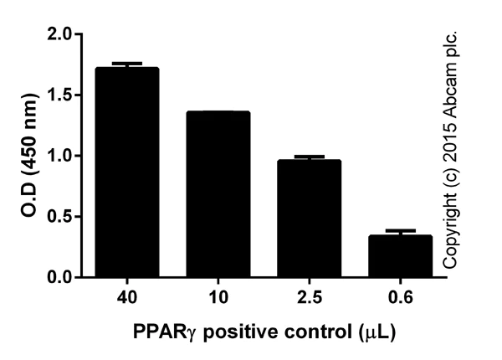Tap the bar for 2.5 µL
[x=310, y=219]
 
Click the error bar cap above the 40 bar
[x=128, y=64]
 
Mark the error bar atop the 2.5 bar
[x=310, y=157]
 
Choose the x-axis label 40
[x=128, y=297]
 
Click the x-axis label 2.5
[x=310, y=297]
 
